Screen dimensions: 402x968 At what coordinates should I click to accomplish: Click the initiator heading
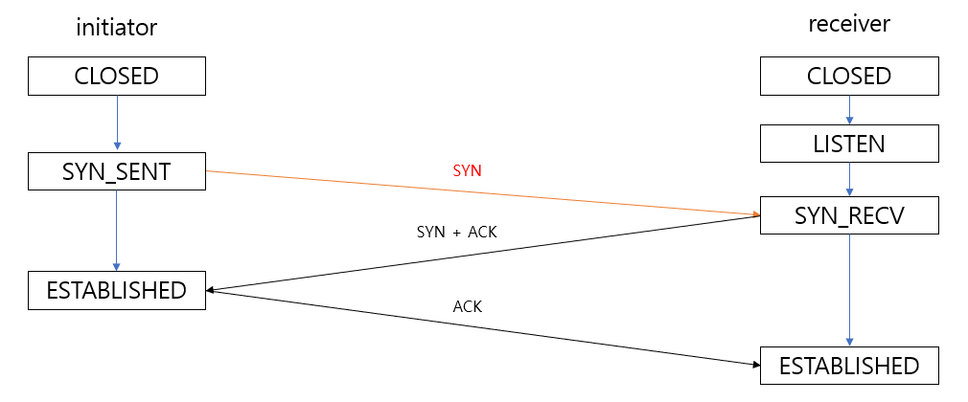tap(116, 28)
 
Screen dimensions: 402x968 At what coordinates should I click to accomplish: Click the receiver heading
tap(849, 24)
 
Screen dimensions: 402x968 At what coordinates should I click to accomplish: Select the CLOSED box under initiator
tap(116, 77)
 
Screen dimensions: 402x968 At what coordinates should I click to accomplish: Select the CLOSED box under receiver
tap(849, 77)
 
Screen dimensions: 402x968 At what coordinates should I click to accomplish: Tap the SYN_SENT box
tap(116, 172)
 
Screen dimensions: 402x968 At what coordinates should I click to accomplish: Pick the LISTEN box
tap(849, 145)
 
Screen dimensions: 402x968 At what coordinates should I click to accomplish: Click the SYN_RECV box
tap(849, 215)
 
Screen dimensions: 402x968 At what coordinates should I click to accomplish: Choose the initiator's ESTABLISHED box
tap(116, 290)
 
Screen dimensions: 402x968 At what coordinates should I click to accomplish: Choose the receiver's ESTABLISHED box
tap(849, 366)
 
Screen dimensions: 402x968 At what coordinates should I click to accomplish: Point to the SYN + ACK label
tap(457, 232)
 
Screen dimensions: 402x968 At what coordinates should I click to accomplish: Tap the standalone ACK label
tap(467, 306)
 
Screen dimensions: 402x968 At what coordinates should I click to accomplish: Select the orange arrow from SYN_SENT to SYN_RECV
tap(479, 192)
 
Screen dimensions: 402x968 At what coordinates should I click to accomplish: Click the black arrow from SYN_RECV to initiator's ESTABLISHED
tap(479, 255)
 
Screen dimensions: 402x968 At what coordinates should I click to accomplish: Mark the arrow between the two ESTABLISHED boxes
tap(479, 326)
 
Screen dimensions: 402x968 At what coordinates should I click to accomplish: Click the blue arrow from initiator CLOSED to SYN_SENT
tap(116, 123)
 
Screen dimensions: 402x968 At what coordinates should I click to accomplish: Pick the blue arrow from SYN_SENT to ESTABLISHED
tap(116, 231)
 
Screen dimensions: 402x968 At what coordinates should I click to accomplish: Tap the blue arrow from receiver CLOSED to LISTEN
tap(849, 111)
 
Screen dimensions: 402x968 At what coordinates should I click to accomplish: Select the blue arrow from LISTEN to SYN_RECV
tap(849, 180)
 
